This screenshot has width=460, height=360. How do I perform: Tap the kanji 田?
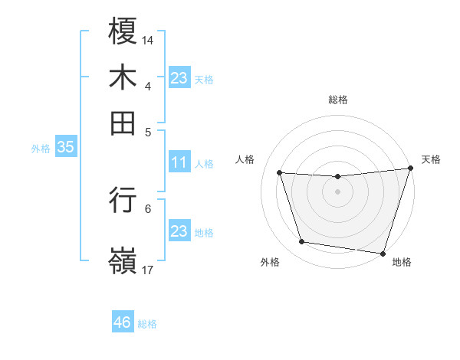123,123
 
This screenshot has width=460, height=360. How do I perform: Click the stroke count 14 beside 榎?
148,39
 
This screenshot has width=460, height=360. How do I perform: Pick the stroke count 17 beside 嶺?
148,270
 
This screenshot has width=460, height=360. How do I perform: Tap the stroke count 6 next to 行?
148,208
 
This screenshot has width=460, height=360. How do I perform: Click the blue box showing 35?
65,148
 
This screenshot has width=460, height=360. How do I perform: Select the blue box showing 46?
123,322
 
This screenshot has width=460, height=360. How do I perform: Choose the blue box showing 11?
179,162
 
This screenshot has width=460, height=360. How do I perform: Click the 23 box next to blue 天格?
179,78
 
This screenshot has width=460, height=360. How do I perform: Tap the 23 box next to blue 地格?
179,231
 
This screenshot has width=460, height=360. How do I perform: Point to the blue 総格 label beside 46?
147,324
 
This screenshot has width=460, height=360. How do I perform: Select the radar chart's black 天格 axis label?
431,159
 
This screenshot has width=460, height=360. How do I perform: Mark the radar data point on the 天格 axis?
410,169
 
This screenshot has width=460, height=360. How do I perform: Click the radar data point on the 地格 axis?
383,252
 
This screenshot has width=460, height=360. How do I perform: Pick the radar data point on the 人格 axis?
280,172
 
